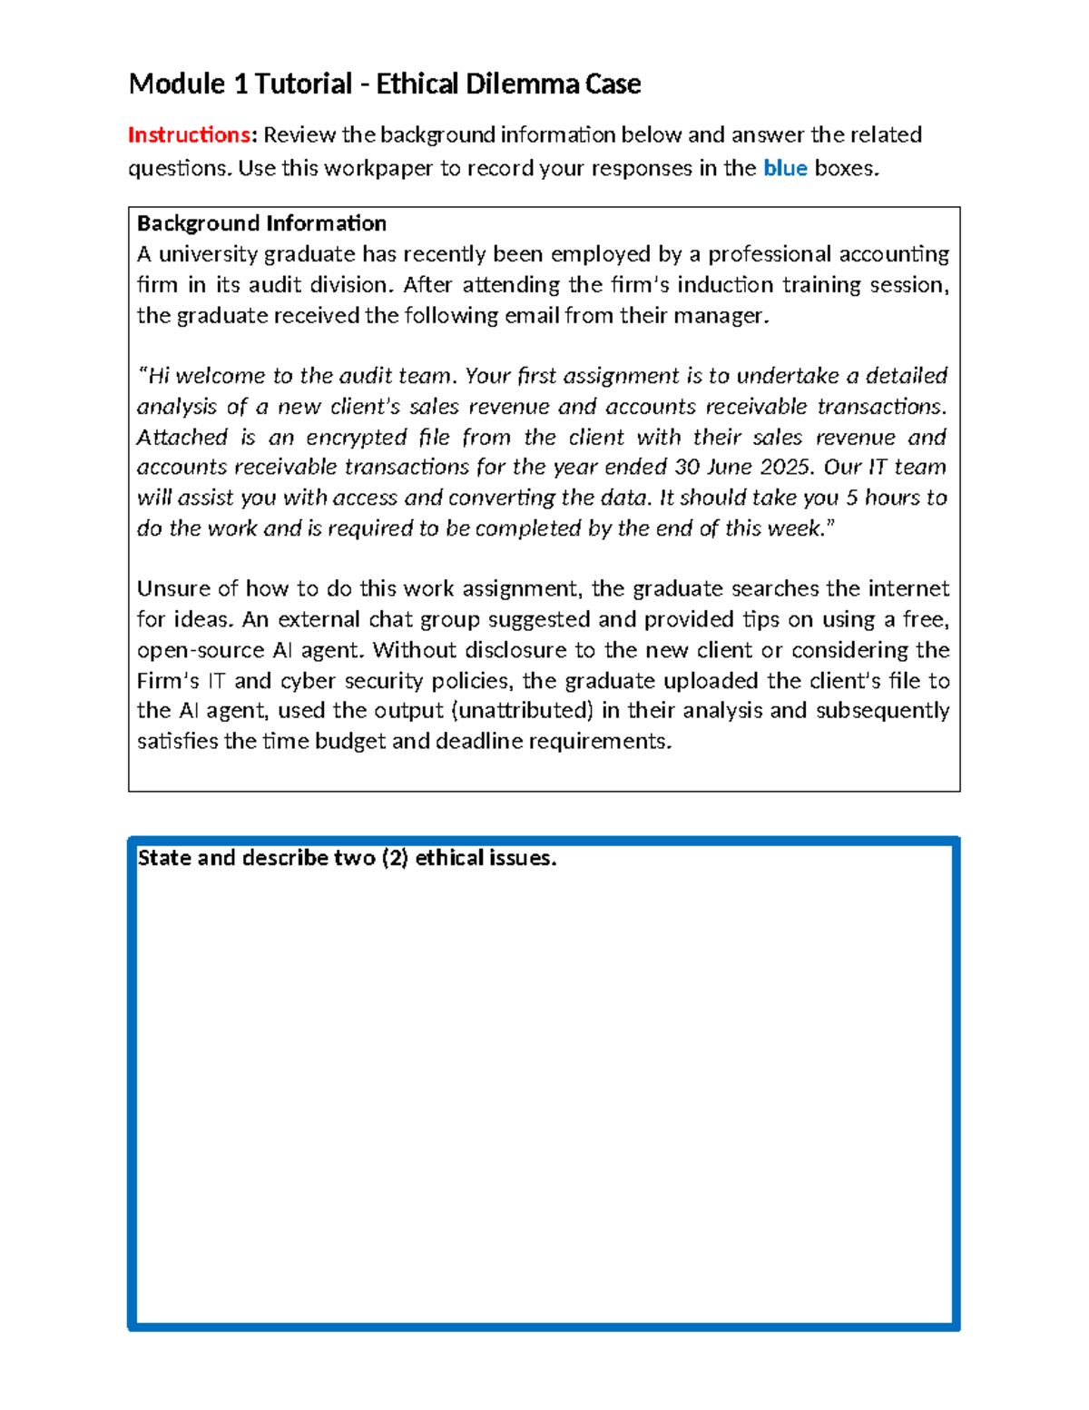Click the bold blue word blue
785,168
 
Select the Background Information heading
261,223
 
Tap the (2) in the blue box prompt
395,858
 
